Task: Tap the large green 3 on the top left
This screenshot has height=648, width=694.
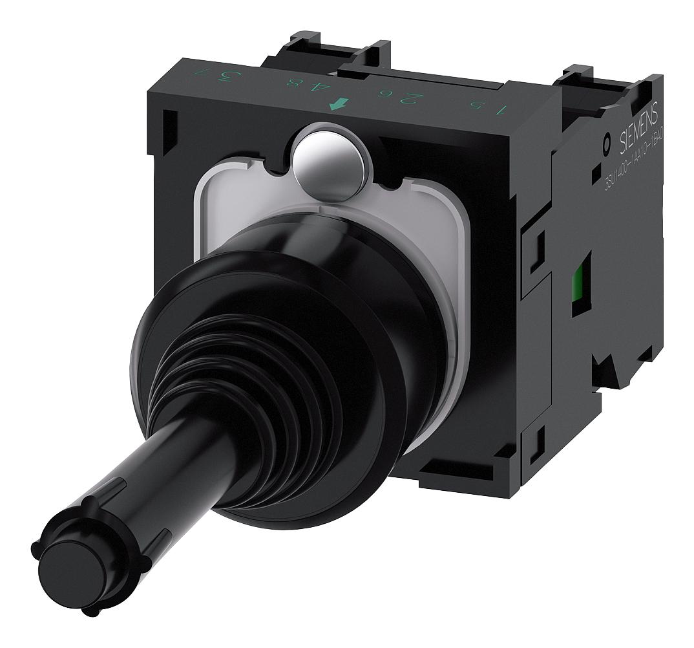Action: click(226, 77)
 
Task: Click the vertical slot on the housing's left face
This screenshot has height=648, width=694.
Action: click(169, 133)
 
